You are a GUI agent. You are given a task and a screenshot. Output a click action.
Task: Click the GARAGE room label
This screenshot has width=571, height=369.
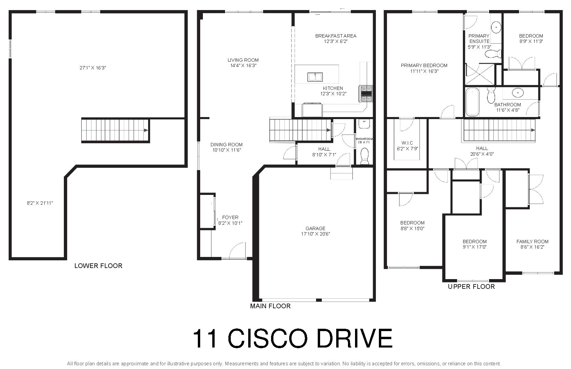pos(315,228)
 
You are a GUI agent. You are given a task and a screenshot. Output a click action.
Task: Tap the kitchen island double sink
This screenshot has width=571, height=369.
pos(315,77)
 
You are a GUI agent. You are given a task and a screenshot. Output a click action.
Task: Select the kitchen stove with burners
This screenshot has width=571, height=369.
pos(366,94)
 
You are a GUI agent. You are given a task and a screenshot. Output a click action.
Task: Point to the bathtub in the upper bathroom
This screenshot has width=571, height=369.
pos(472,102)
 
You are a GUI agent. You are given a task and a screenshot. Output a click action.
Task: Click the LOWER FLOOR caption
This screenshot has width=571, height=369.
pos(98,266)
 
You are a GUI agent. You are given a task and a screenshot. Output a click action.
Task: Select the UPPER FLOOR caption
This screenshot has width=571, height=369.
pos(471,286)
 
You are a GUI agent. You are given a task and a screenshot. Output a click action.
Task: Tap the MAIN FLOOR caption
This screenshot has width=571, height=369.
pos(270,306)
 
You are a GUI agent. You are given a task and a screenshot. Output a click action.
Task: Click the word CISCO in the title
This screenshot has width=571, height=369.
pos(268,338)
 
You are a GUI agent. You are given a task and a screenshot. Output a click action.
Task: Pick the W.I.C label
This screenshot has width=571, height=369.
pos(407,143)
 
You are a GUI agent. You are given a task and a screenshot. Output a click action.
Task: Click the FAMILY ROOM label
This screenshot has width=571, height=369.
pos(532,242)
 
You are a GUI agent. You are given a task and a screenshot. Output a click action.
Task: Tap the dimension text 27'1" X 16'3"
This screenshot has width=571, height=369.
pos(93,68)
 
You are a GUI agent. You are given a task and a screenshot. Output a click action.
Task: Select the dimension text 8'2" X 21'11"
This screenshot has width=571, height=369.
pos(40,203)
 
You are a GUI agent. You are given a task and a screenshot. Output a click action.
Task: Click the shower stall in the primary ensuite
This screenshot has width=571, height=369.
pos(480,74)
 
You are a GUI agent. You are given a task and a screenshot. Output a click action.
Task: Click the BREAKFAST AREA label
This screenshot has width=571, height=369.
pos(336,36)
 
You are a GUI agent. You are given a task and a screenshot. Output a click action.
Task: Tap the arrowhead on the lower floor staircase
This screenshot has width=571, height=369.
pos(146,130)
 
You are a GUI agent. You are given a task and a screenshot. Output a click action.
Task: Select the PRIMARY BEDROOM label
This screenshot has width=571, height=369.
pos(424,65)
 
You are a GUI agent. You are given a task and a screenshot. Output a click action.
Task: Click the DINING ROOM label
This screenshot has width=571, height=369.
pos(226,144)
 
